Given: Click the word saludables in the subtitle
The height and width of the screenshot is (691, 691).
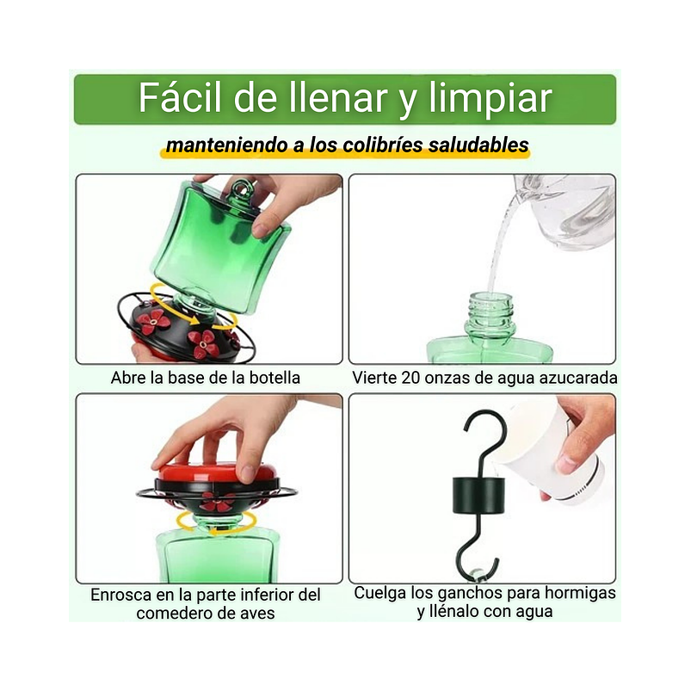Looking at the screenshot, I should click(x=478, y=145).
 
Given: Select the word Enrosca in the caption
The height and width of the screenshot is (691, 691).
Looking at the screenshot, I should click(x=122, y=595).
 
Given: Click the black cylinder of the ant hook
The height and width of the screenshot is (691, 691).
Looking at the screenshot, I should click(x=478, y=498).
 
